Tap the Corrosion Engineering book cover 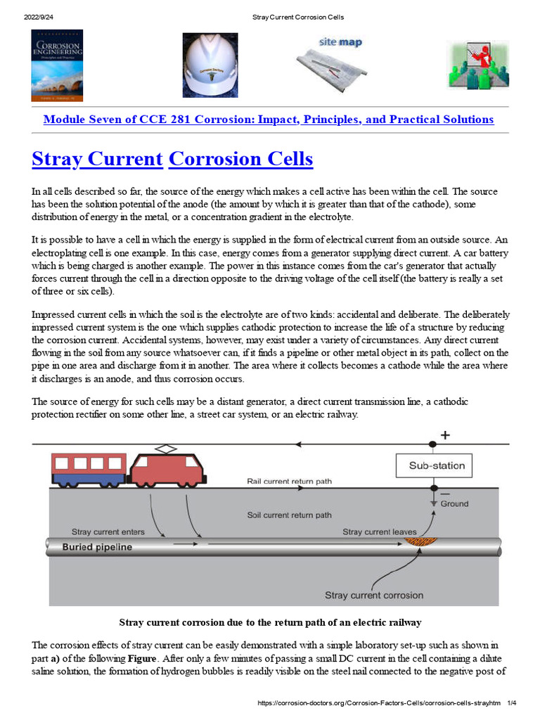point(57,65)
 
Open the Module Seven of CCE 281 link point(269,120)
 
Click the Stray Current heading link point(97,159)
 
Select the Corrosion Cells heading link point(241,159)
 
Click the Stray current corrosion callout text point(374,596)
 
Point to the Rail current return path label point(289,482)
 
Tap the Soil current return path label point(289,515)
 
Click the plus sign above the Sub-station point(445,435)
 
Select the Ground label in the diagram point(454,503)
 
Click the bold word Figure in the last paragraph point(142,657)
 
